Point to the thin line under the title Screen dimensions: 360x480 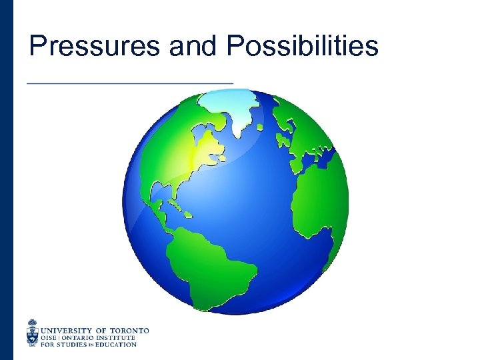[x=130, y=82]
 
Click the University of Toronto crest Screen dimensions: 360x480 [x=33, y=333]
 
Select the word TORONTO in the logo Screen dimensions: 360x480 [x=129, y=330]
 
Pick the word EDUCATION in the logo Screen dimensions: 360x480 [x=117, y=345]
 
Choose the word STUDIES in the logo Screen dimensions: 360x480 [x=74, y=345]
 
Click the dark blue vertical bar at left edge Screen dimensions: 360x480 [x=6, y=180]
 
